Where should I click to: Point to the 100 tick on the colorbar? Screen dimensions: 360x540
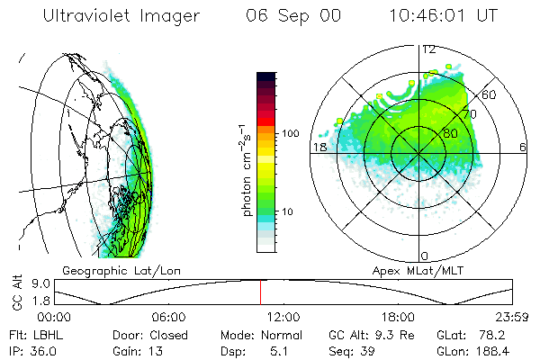click(x=290, y=133)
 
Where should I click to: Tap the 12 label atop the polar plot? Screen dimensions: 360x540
click(x=429, y=50)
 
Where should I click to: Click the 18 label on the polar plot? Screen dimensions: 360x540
click(x=319, y=147)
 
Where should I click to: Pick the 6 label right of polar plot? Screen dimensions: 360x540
click(x=523, y=147)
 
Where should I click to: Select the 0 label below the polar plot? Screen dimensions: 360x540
click(x=425, y=256)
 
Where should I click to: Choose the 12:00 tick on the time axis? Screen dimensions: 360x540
click(x=283, y=317)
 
